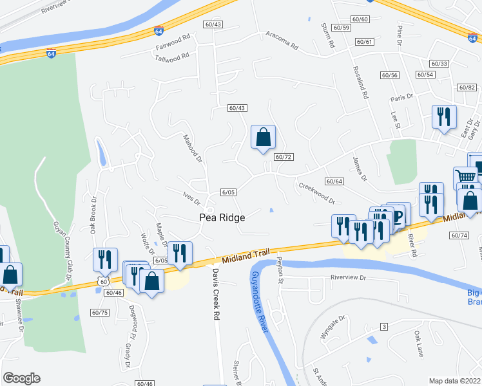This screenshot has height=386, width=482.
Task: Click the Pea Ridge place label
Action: pos(221,218)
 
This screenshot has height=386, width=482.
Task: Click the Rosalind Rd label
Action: pos(360,82)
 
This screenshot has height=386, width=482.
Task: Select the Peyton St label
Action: pos(280,271)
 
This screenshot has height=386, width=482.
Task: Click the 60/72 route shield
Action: pos(284,157)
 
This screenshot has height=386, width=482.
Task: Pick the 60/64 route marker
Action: pos(334,181)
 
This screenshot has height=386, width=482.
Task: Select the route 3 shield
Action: pos(383,327)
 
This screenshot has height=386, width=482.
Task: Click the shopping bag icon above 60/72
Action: pos(263,137)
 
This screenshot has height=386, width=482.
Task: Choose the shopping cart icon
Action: pos(465,178)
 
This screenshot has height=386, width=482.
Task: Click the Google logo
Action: pos(21,378)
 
